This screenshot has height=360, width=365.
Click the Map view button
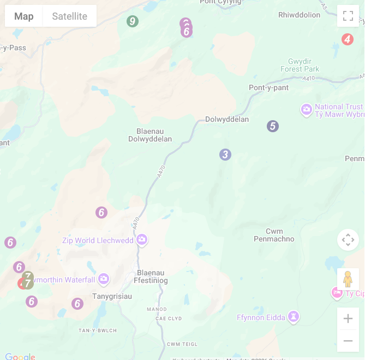(x=24, y=16)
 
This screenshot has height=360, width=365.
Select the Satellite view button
(x=69, y=16)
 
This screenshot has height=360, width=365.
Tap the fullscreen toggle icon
(x=348, y=16)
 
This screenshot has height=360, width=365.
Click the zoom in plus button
(x=348, y=318)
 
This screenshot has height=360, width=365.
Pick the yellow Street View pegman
(x=348, y=279)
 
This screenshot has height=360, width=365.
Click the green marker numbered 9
(x=132, y=21)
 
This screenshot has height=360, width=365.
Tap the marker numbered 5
(x=273, y=126)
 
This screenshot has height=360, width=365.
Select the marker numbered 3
(x=225, y=155)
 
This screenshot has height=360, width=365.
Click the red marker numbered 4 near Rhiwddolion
(x=347, y=39)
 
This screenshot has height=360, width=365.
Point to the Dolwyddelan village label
(x=227, y=120)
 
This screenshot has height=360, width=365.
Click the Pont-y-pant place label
(x=268, y=88)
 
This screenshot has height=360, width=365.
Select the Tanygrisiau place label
(x=112, y=296)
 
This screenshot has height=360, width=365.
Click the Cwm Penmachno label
(x=274, y=235)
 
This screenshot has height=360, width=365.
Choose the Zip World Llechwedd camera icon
(x=142, y=239)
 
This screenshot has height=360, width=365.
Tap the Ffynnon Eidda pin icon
(x=294, y=316)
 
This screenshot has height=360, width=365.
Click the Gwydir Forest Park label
(x=300, y=66)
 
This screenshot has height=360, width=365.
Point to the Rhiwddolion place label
(x=300, y=15)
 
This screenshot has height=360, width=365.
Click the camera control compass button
(x=348, y=240)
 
